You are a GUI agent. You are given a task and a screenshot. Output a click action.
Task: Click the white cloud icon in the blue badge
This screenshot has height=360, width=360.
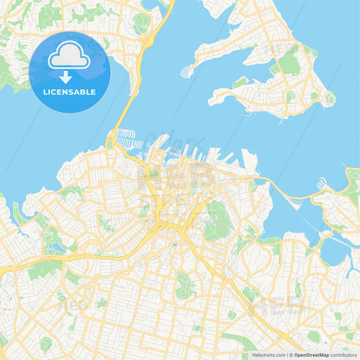tap(70, 57)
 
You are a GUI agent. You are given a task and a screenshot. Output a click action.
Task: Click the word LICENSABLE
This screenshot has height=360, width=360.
tap(70, 92)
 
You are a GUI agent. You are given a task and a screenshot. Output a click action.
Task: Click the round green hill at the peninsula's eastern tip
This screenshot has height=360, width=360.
tap(330, 99)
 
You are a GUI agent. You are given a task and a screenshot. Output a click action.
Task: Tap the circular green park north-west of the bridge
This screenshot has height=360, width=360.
tap(140, 24)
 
